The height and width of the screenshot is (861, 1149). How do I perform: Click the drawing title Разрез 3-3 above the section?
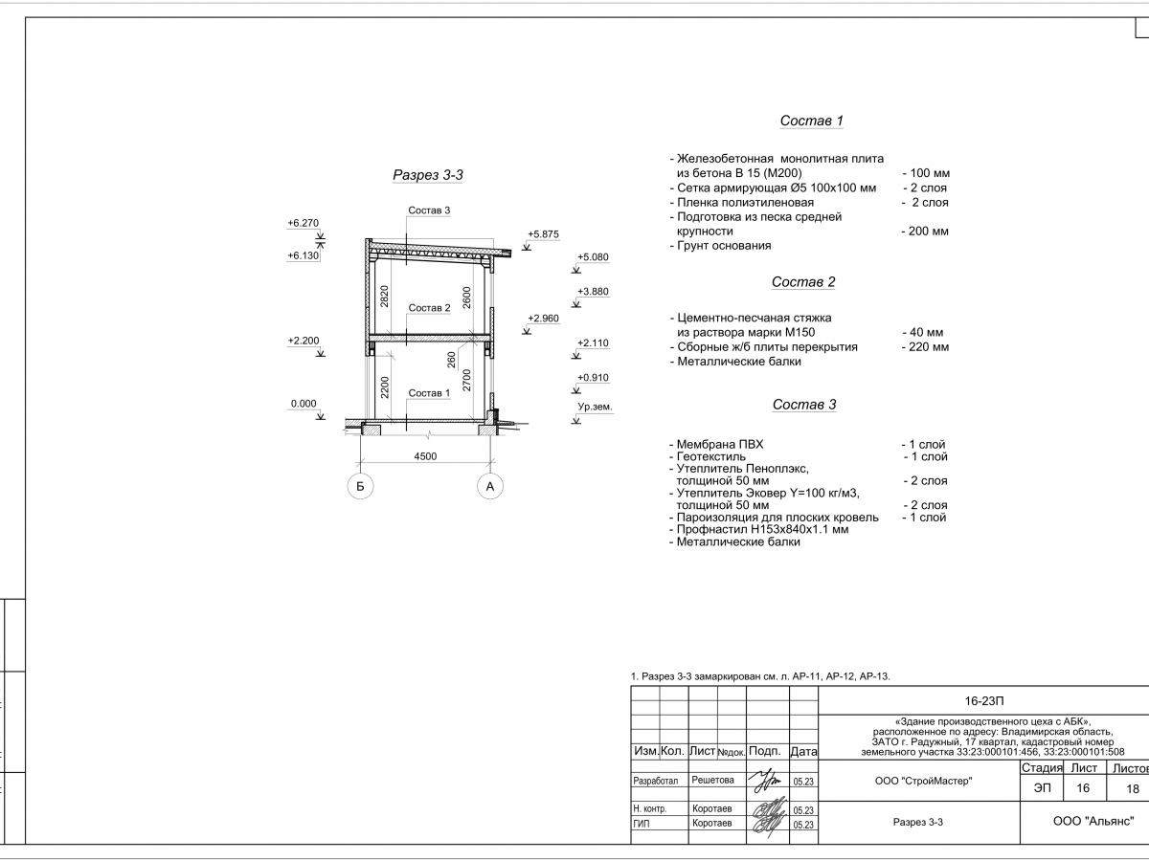pos(428,175)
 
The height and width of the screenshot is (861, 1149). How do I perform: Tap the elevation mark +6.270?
pos(303,223)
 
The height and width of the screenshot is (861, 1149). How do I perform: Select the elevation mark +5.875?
pos(543,234)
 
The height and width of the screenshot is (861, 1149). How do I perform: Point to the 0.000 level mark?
pos(303,404)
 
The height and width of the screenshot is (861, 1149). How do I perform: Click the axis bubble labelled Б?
pos(360,487)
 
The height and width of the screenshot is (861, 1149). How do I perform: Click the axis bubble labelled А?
pos(489,487)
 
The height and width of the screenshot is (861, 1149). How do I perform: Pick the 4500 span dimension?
pos(425,456)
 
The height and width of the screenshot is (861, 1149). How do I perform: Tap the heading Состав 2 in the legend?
pos(803,282)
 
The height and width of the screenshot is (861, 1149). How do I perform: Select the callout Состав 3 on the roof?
pos(429,210)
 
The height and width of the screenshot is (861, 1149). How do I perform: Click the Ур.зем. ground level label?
pos(594,408)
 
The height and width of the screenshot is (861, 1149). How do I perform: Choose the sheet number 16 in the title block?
pos(1083,788)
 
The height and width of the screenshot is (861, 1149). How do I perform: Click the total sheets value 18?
pos(1133,788)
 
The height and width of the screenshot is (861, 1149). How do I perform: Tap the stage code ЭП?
pos(1041,788)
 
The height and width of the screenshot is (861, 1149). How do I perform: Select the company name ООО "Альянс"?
pos(1092,821)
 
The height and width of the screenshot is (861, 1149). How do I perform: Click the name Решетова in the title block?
pos(712,781)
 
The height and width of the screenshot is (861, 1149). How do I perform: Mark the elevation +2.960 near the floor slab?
pos(543,319)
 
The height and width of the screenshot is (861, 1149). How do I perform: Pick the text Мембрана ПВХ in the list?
pos(720,445)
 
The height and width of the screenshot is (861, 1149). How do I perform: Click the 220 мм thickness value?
pos(925,347)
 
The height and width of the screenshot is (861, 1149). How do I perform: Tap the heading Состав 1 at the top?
pos(811,121)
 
